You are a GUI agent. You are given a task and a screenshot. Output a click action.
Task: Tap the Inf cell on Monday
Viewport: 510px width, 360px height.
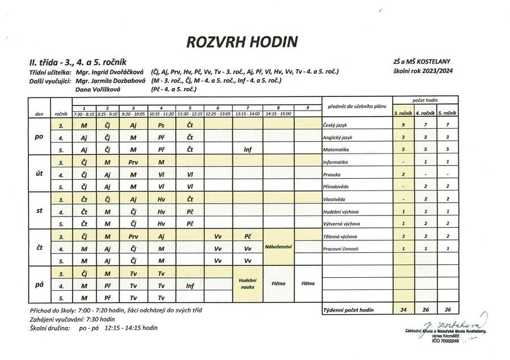tap(248, 150)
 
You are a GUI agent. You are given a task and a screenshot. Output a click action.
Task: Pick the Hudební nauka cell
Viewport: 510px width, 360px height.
tap(248, 283)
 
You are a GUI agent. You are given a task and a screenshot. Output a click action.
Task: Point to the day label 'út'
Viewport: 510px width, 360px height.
tap(39, 173)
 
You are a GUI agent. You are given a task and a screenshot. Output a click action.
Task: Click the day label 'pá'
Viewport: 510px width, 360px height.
tap(39, 285)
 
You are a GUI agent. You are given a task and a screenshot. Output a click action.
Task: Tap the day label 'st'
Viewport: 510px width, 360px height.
tap(39, 211)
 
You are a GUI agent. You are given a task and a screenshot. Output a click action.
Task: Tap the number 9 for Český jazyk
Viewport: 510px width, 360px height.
tap(402, 125)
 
